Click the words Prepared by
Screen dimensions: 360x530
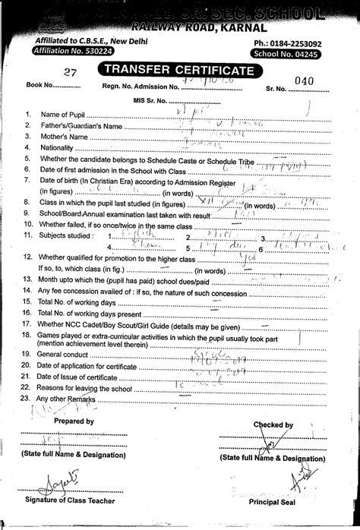[x=74, y=421]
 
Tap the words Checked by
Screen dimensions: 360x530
[x=273, y=425]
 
